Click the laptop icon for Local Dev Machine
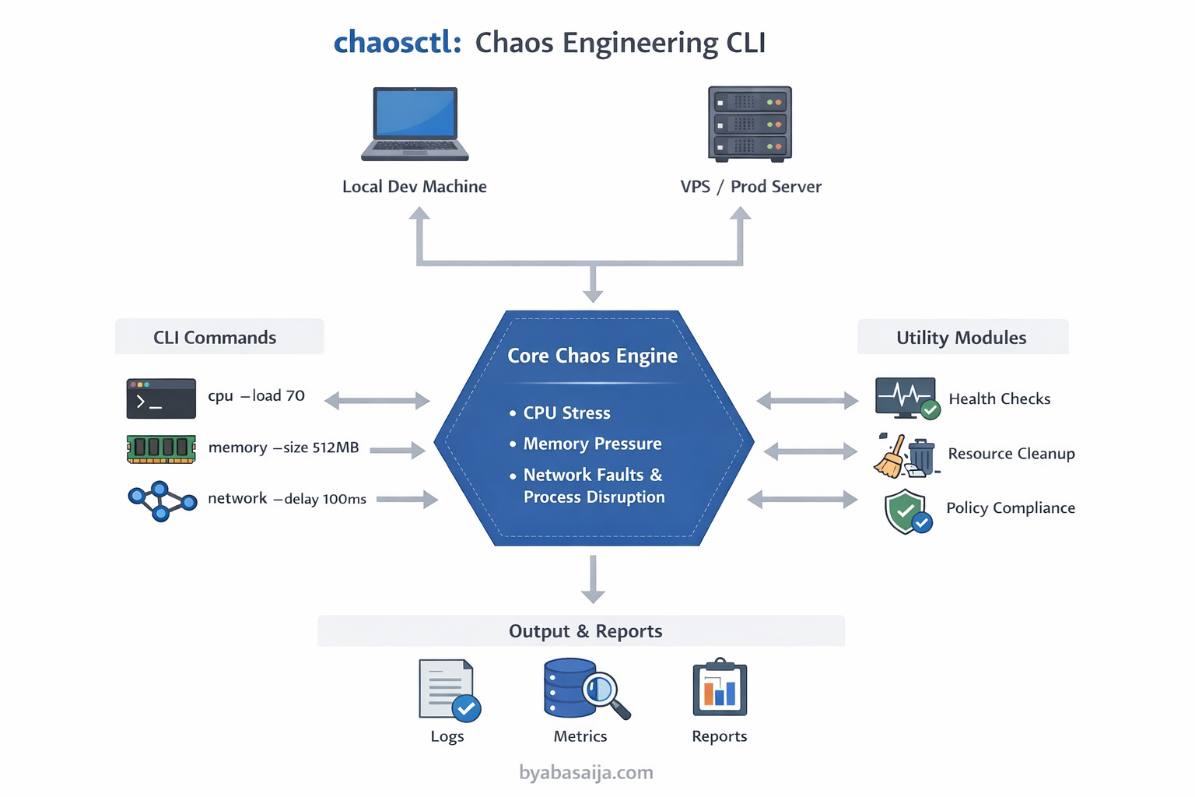415,124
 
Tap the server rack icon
749,124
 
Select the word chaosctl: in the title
397,42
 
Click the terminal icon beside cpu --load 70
161,398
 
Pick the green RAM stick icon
161,449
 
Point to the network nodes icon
162,500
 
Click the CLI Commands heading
215,338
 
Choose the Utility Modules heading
961,338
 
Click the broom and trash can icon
906,455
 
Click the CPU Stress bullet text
566,413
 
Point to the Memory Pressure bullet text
592,444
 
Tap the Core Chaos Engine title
592,356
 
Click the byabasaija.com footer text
586,772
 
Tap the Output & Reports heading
585,631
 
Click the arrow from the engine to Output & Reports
593,579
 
